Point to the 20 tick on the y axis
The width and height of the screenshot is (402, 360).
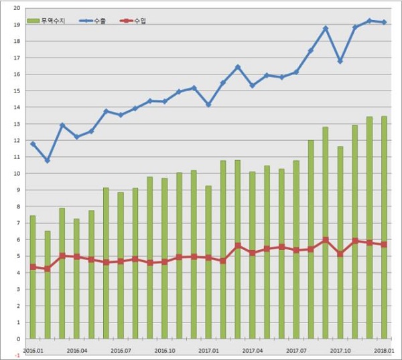(x=17, y=9)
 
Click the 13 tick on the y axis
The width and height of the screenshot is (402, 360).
(x=17, y=124)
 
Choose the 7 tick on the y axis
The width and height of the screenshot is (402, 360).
(x=18, y=223)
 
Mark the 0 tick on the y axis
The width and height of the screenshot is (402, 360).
(x=18, y=339)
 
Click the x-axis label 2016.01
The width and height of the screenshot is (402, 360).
(x=33, y=350)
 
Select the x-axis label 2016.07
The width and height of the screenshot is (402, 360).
(x=121, y=350)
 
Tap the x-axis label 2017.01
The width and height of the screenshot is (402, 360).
(x=208, y=350)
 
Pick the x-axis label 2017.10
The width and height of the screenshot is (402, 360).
(x=340, y=350)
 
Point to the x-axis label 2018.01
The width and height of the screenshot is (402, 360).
(x=384, y=350)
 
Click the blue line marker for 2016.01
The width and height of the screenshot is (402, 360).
(x=33, y=144)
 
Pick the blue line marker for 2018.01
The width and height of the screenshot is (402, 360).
(x=384, y=22)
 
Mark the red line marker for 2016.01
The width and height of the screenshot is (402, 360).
(x=33, y=267)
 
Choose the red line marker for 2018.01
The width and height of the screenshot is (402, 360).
(x=384, y=245)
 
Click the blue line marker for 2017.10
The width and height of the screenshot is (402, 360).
(x=340, y=61)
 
